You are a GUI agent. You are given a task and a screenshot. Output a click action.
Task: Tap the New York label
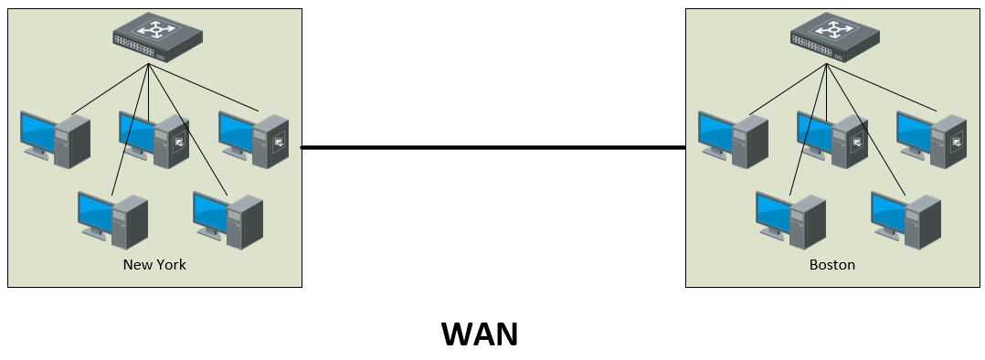point(154,265)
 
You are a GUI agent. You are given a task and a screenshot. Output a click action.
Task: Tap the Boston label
point(832,265)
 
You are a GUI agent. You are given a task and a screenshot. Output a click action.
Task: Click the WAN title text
point(480,334)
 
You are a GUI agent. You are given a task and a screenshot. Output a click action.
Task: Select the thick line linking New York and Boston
point(493,147)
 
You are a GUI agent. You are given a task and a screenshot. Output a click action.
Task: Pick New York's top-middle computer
point(154,139)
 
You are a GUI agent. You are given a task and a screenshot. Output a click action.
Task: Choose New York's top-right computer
point(253,139)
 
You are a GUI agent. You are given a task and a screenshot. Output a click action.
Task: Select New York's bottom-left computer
point(112,219)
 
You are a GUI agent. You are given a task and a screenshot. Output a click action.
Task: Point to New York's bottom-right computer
point(228,219)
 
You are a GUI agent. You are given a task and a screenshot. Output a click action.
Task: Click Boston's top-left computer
point(733,139)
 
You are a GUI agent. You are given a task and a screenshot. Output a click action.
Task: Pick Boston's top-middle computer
point(831,139)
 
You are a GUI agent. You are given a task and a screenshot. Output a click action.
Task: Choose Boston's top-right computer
point(931,139)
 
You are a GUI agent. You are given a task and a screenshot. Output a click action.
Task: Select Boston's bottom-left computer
point(790,219)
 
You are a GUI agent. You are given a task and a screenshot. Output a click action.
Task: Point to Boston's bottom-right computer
point(906,219)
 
